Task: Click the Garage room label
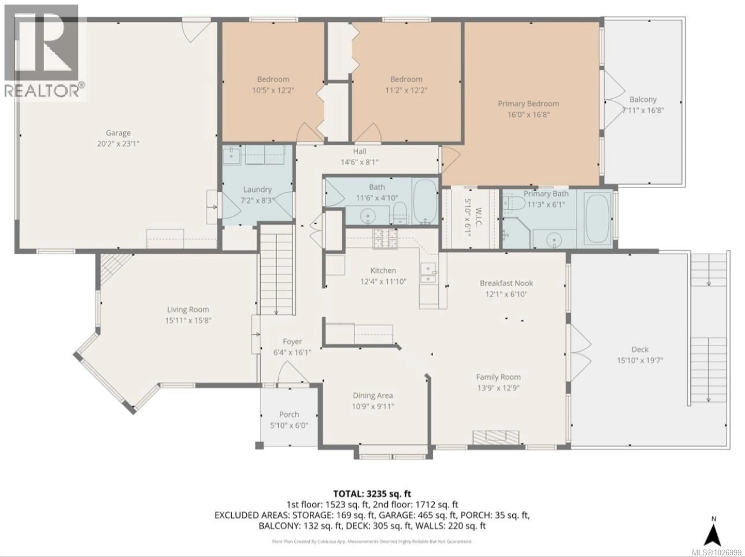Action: (x=118, y=133)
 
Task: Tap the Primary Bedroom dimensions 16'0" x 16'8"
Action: (x=528, y=114)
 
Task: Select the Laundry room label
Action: (x=257, y=190)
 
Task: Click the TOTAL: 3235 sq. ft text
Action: (x=372, y=494)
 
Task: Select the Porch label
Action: (x=289, y=415)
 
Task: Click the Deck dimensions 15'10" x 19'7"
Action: (x=640, y=360)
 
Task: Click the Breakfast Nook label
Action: (x=506, y=283)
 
